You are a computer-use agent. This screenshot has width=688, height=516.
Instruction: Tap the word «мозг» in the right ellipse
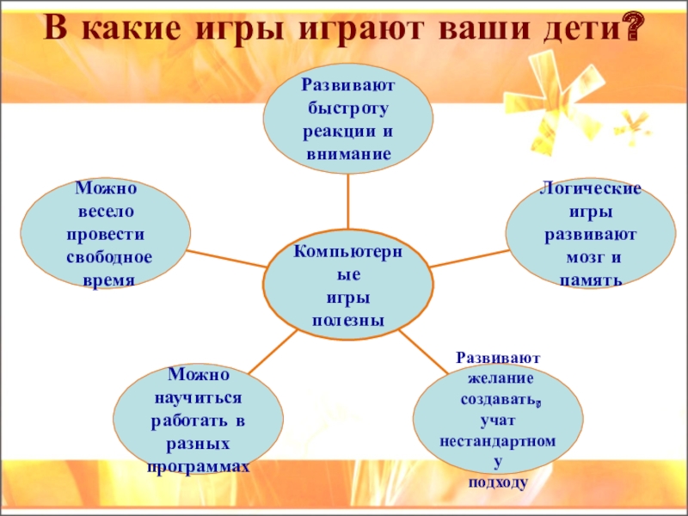[x=579, y=256]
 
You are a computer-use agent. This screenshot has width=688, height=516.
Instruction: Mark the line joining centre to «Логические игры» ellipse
[x=470, y=258]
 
